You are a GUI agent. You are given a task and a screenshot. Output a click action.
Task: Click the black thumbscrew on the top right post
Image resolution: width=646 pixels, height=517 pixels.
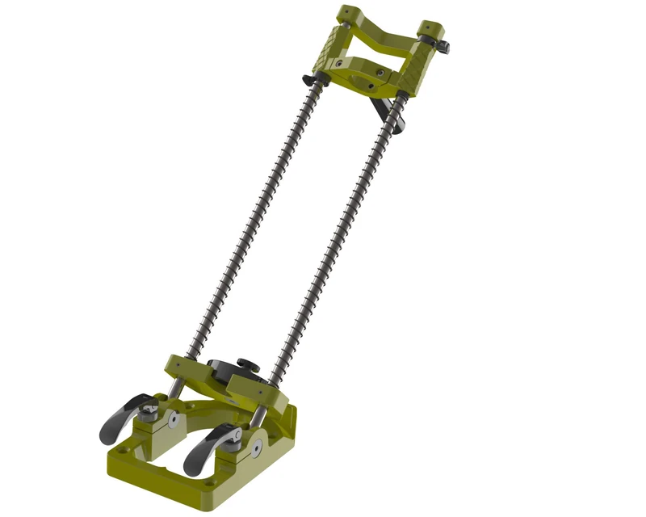pos(443,46)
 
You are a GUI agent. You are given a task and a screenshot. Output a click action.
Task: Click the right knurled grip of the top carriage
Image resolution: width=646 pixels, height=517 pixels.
pos(416,78)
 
